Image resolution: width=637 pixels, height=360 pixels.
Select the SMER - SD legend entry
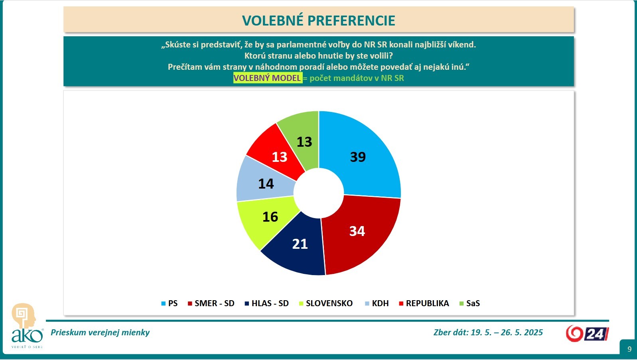(x=211, y=303)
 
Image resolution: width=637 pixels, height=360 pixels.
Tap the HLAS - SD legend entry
(x=267, y=303)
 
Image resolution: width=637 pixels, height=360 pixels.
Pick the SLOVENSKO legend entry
(x=326, y=303)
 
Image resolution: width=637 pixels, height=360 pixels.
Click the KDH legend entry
(x=377, y=303)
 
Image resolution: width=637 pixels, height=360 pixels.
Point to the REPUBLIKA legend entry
(x=424, y=303)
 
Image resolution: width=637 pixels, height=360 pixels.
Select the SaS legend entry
(x=470, y=303)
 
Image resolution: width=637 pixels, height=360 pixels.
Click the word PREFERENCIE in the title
(x=351, y=20)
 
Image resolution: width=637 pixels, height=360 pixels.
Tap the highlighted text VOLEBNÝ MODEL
(x=267, y=78)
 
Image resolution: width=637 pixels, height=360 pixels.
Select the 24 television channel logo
(x=587, y=334)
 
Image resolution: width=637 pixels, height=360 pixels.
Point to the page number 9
(x=629, y=349)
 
